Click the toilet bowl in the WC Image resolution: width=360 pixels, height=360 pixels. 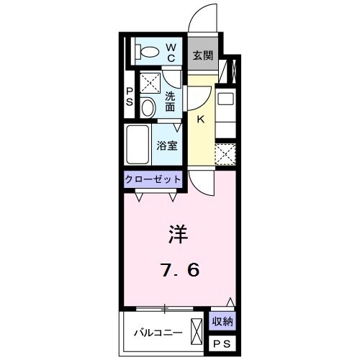pos(150,52)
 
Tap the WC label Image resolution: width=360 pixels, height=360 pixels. pos(171,53)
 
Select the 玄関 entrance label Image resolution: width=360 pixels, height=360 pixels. pos(203,55)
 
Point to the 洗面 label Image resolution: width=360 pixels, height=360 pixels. pos(170,102)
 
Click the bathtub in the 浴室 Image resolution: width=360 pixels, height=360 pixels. pos(138,145)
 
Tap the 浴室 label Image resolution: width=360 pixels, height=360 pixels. pos(167,145)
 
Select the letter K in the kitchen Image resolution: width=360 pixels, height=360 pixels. pos(200,120)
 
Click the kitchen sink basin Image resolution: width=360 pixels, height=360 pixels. pos(225,99)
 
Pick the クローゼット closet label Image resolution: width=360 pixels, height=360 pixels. pos(153,179)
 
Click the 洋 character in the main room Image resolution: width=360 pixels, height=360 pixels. pos(178,234)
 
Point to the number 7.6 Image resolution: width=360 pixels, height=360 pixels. pos(181,270)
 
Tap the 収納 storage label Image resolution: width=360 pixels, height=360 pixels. pos(222,321)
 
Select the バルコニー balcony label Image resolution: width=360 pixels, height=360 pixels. pos(158,333)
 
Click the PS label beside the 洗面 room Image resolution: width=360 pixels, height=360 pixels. pos(130,96)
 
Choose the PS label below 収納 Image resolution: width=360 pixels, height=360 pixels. pos(222,344)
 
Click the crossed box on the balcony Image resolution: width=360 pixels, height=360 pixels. pos(197,332)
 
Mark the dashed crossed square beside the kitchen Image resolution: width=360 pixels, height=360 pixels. pos(225,154)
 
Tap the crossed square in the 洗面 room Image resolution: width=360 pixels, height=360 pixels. pos(150,83)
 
